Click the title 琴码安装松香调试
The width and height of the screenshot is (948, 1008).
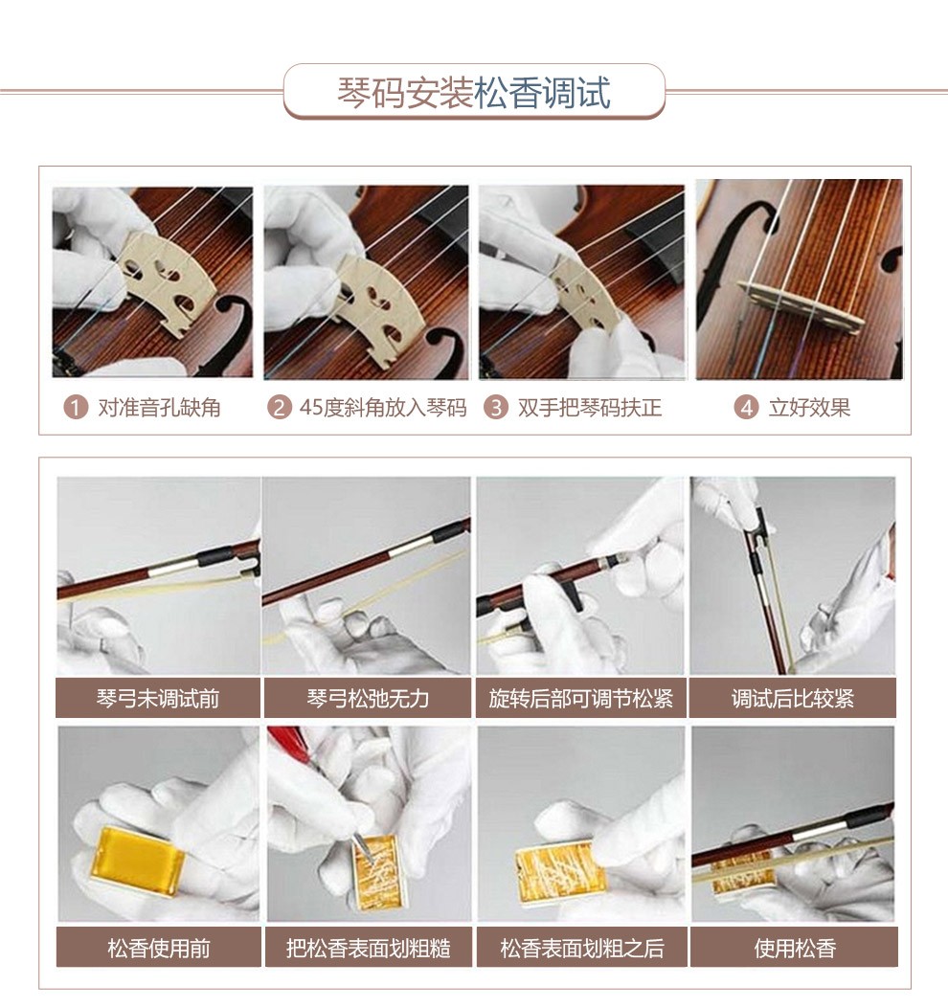point(474,93)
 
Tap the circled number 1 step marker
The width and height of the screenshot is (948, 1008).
point(76,408)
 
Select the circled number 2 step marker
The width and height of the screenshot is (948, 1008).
point(279,408)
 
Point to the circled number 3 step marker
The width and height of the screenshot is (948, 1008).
point(496,408)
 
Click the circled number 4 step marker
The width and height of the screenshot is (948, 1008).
point(746,408)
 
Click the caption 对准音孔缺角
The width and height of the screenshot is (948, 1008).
point(160,408)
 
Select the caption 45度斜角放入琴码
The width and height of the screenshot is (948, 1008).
point(383,408)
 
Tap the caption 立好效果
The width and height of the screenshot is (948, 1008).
point(810,408)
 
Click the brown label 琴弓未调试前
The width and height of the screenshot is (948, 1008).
point(158,698)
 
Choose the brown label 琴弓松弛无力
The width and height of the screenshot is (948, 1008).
point(368,698)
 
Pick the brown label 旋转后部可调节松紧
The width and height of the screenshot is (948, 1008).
point(580,698)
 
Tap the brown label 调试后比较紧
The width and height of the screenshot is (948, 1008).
point(792,698)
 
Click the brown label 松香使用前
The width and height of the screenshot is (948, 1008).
point(159,947)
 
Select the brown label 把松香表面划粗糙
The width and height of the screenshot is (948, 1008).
point(368,947)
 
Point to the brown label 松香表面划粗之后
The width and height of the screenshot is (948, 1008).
point(581,947)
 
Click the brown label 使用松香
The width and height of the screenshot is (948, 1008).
point(794,947)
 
